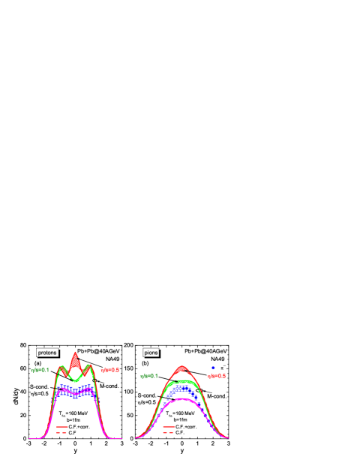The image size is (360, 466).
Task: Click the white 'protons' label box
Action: click(47, 353)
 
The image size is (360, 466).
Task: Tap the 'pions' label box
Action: click(151, 353)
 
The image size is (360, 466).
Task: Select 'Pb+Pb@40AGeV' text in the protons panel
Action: click(98, 350)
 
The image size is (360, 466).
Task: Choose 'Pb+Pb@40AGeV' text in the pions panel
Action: click(205, 350)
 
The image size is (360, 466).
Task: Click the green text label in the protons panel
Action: click(40, 369)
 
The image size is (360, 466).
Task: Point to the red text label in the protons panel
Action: click(110, 369)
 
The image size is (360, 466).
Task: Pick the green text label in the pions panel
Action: click(148, 375)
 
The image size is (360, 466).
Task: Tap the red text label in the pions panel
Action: click(217, 375)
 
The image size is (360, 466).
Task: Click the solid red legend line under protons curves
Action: click(62, 426)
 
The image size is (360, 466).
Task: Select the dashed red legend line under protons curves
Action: click(62, 432)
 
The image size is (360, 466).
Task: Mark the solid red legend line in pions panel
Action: click(169, 426)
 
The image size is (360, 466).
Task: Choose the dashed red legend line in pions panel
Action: click(169, 432)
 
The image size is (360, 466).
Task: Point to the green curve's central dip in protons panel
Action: click(75, 380)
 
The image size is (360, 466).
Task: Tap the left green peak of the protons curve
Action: click(61, 367)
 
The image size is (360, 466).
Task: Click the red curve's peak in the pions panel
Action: click(181, 366)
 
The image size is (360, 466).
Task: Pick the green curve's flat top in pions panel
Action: click(181, 383)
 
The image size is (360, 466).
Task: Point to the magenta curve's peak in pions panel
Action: click(181, 400)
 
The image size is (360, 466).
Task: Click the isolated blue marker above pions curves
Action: click(213, 368)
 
